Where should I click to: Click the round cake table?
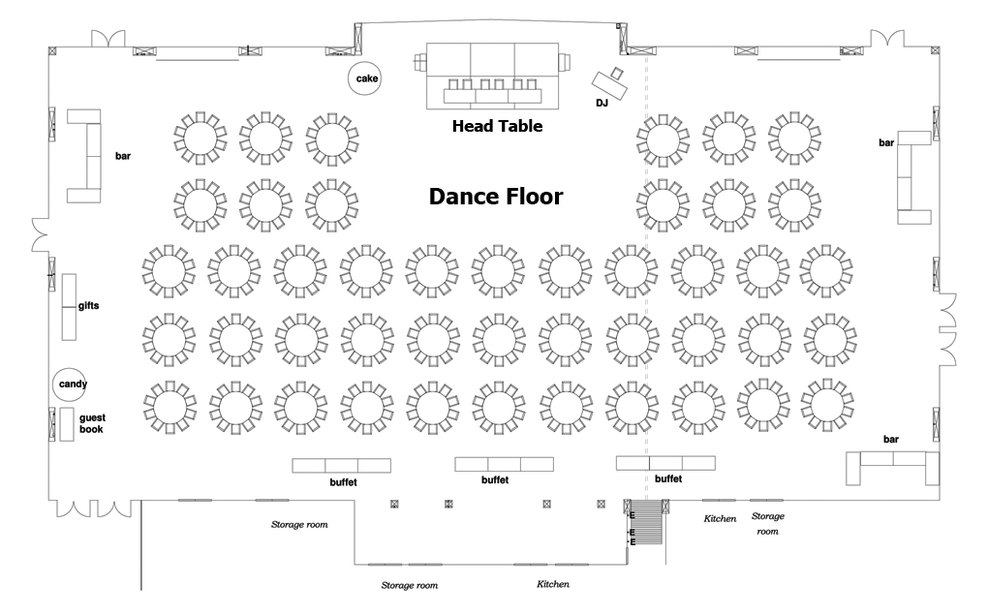point(365,78)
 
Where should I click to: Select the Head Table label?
point(497,126)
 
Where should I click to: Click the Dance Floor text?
point(496,197)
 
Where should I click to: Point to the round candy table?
point(70,385)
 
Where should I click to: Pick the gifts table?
point(69,307)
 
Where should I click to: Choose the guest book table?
point(67,424)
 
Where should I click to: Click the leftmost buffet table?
point(342,466)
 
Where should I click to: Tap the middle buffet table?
point(504,464)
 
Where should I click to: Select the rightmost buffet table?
point(665,463)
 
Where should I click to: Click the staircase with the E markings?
point(646,522)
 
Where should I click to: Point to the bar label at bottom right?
point(891,439)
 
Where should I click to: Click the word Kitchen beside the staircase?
point(721,518)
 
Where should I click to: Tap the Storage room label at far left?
point(299,524)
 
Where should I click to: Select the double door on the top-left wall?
point(108,39)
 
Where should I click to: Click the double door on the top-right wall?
point(888,38)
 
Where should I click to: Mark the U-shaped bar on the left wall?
point(84,156)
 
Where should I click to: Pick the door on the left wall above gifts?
point(41,234)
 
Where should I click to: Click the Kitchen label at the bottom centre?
point(552,584)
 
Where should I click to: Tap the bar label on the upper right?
point(886,143)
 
